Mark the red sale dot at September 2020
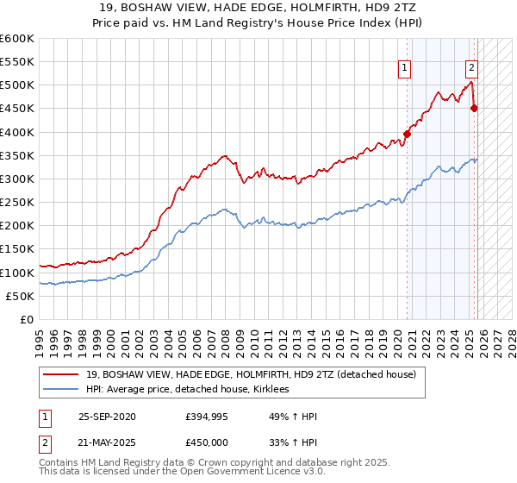(407, 134)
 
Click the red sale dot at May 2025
(474, 108)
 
